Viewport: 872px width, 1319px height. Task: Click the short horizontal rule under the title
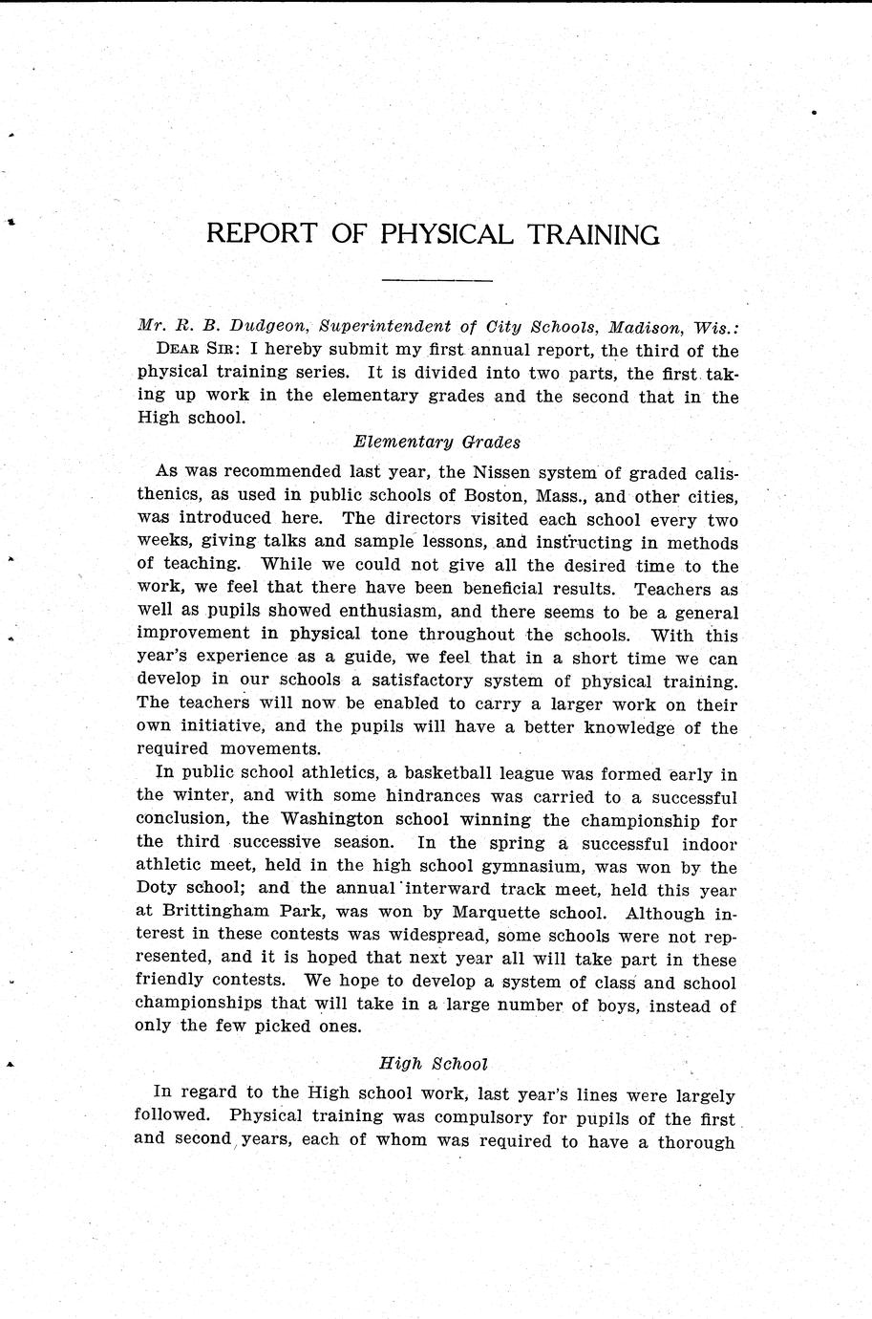(436, 281)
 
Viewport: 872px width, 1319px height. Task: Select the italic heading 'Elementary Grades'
(436, 442)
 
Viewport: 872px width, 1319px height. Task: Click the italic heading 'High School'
(434, 1063)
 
